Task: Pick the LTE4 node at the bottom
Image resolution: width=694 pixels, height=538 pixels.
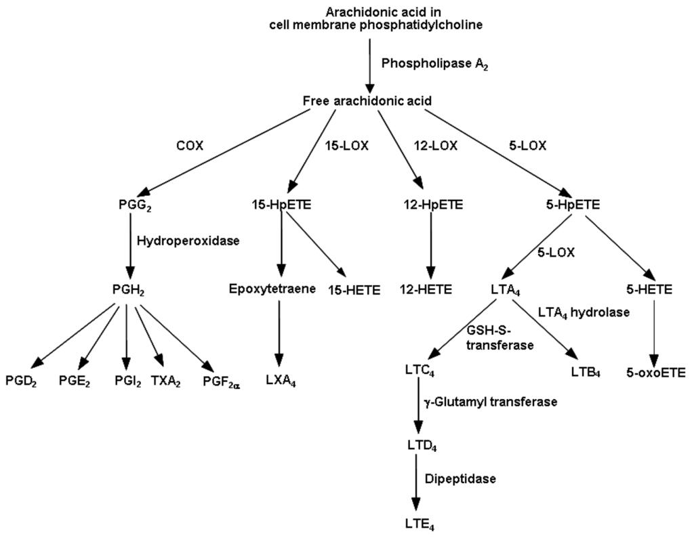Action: (x=418, y=523)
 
